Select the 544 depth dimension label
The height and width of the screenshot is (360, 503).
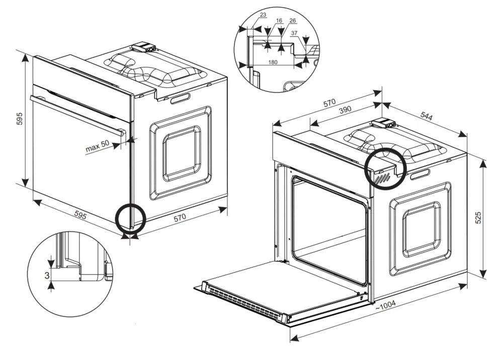click(427, 116)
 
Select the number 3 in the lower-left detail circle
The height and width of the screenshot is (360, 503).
click(47, 275)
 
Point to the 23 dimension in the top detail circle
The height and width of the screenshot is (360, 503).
click(263, 15)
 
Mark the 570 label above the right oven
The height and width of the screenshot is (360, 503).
click(329, 103)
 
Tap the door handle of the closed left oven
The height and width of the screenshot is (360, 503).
click(75, 114)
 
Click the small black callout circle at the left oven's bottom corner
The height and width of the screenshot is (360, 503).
click(130, 219)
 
